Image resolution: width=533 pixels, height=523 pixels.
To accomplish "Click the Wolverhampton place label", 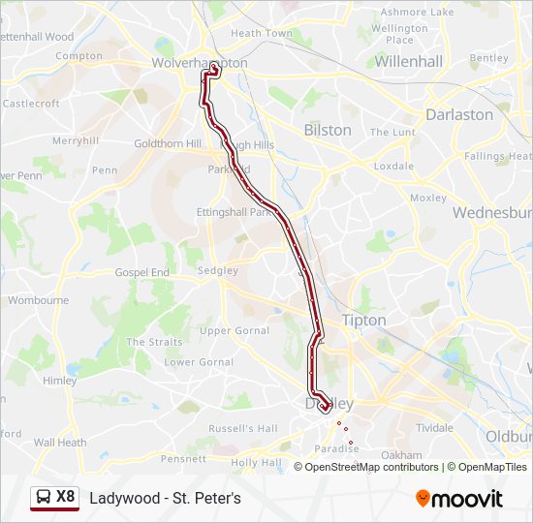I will (x=199, y=63).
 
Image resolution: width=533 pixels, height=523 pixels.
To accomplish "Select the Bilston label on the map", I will (x=328, y=130).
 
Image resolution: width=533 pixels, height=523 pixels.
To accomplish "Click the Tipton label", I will (x=363, y=320).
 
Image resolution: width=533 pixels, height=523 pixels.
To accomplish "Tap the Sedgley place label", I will (x=217, y=271).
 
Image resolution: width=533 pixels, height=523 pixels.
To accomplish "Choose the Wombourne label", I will (x=38, y=300).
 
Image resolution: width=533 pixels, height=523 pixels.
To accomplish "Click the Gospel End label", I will (x=141, y=273).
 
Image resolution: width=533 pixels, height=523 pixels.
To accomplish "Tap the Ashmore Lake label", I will (x=417, y=12).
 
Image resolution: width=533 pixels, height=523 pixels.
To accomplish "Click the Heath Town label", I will (x=261, y=33).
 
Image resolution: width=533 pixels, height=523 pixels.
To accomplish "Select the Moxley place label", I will (x=428, y=198).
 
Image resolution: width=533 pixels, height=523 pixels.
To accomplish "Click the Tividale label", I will (x=434, y=427).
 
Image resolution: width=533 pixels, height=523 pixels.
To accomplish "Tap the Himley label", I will (x=59, y=381).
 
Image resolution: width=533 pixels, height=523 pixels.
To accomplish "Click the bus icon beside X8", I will (x=43, y=498).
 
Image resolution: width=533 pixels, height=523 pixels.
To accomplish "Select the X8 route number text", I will (x=65, y=497).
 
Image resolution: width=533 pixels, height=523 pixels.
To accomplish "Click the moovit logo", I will (x=459, y=499).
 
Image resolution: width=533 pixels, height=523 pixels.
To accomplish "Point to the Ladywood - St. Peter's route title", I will (x=165, y=498).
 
